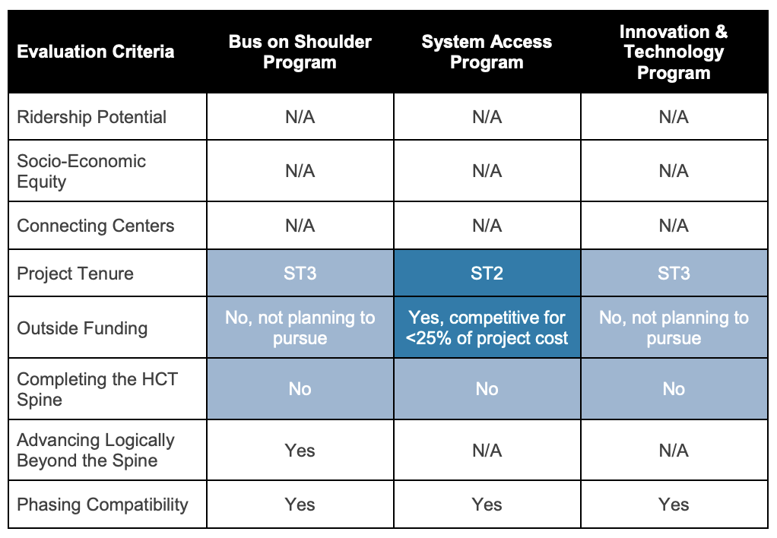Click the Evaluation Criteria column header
coord(96,52)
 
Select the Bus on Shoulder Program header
coord(300,52)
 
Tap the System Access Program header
coord(487,52)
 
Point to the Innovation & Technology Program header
coord(674,52)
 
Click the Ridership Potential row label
coord(92,117)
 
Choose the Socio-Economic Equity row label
coord(81,171)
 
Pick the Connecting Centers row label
coord(96,226)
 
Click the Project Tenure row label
coord(75,274)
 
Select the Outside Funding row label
coord(82,328)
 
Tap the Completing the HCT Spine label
coord(97,389)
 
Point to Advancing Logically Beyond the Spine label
coord(96,450)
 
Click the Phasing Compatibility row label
coord(103,505)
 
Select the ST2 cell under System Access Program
coord(487,273)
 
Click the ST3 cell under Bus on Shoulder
coord(300,273)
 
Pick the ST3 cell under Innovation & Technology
coord(674,273)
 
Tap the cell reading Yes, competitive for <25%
coord(487,328)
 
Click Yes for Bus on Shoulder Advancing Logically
coord(300,451)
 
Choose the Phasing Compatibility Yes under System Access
coord(487,505)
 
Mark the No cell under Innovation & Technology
coord(674,389)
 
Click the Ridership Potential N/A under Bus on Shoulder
coord(300,117)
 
